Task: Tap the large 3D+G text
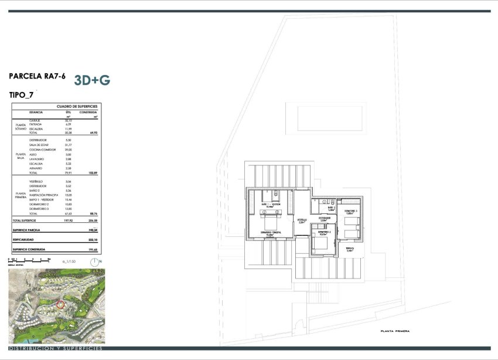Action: [x=93, y=80]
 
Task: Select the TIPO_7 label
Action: [x=22, y=94]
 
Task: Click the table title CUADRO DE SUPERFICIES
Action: [x=76, y=106]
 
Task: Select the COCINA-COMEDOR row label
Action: [x=42, y=151]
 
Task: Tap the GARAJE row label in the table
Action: [x=35, y=120]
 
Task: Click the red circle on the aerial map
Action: [x=60, y=304]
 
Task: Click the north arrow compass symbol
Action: [x=95, y=261]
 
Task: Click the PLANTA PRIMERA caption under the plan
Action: [x=395, y=331]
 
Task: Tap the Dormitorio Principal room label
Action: [x=271, y=233]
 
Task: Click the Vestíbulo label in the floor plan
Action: [x=302, y=222]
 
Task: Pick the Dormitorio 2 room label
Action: [x=325, y=233]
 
